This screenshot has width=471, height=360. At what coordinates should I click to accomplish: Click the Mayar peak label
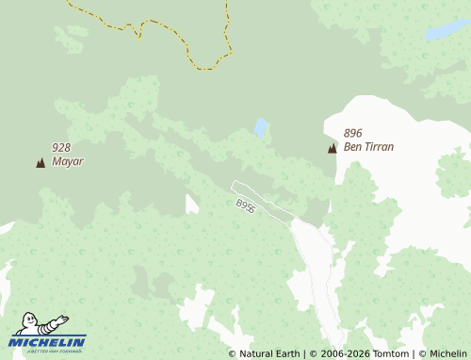(x=68, y=161)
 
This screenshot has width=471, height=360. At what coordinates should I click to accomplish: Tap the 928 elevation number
(x=61, y=147)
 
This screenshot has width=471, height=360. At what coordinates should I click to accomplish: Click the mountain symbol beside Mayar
(x=41, y=163)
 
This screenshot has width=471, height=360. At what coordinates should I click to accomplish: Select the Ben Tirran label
(x=368, y=147)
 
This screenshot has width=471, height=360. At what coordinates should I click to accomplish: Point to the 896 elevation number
(x=353, y=133)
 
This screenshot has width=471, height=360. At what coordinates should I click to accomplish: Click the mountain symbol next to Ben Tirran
(x=332, y=148)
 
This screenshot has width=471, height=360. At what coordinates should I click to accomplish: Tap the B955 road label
(x=246, y=205)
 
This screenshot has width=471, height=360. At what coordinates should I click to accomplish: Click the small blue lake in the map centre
(x=260, y=126)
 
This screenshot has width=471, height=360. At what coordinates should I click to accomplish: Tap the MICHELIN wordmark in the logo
(x=47, y=341)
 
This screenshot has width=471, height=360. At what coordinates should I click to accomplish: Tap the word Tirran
(x=378, y=147)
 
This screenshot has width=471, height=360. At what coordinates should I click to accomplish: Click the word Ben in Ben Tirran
(x=352, y=147)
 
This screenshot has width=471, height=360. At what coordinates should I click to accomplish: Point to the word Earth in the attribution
(x=284, y=353)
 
